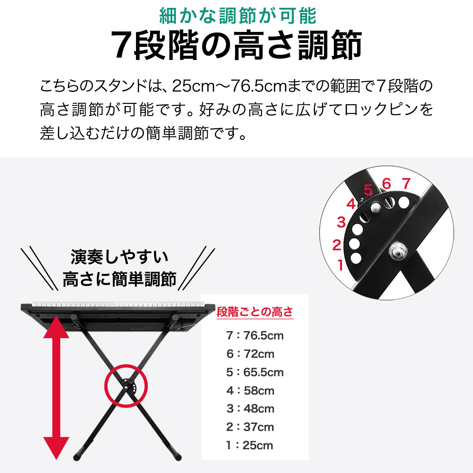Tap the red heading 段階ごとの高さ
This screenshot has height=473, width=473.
click(255, 312)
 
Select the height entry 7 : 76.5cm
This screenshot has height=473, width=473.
click(255, 335)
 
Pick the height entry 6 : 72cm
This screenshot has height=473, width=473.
click(250, 354)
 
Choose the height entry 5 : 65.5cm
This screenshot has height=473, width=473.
click(255, 372)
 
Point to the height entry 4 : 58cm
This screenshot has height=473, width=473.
click(250, 391)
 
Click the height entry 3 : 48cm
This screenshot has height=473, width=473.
click(250, 409)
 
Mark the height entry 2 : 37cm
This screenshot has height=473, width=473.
click(250, 427)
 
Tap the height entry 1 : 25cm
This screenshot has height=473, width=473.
click(250, 445)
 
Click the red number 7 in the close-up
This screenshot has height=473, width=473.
click(406, 183)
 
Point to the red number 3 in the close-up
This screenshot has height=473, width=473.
click(341, 222)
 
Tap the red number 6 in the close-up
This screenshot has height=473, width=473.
click(386, 183)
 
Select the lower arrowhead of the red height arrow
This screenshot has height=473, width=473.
click(56, 447)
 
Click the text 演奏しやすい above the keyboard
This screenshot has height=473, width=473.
click(119, 257)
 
